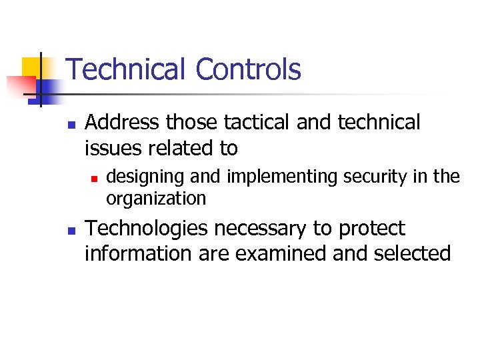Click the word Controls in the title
point(249,69)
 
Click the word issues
point(115,147)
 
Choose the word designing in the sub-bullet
point(136,177)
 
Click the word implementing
point(284,177)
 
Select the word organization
point(156,199)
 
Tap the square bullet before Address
point(72,124)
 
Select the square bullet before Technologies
point(72,230)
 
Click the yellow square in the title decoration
point(31,67)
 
